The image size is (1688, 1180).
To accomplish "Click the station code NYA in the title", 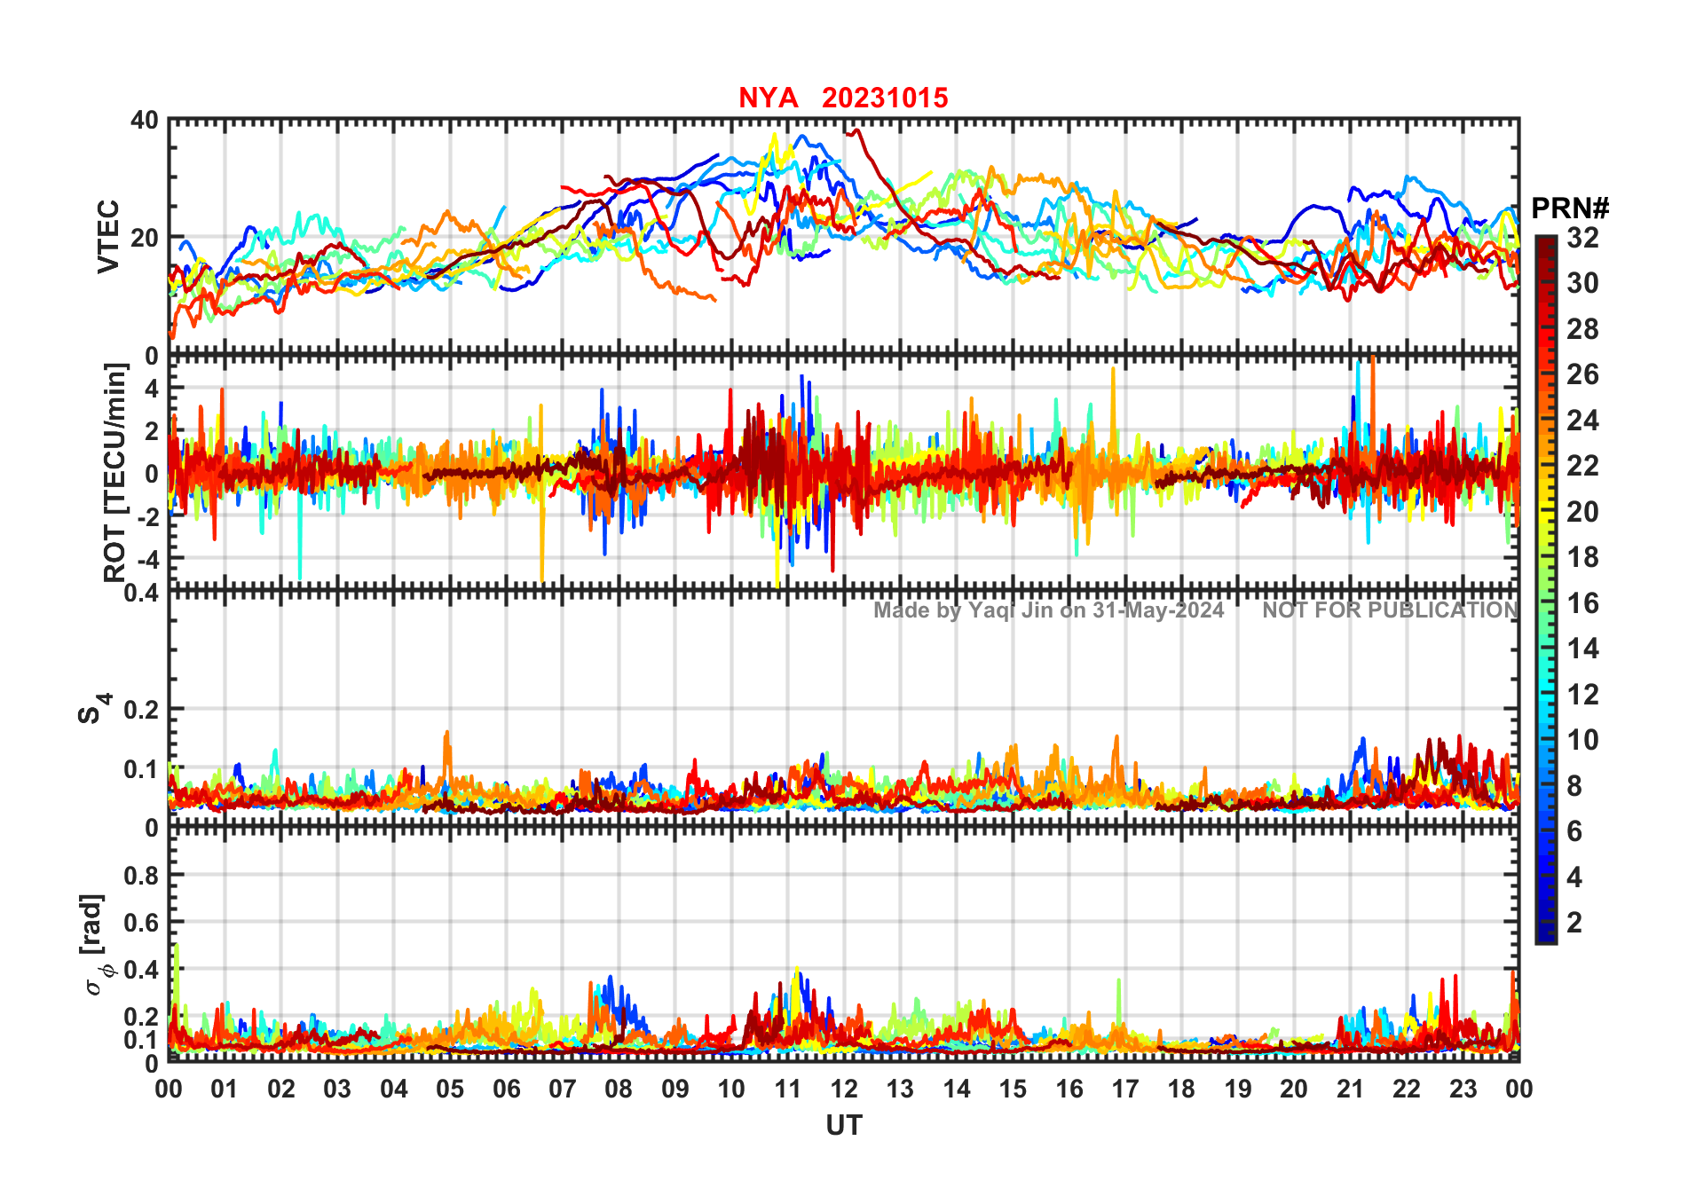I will tap(768, 98).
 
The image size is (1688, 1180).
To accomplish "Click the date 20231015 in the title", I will tap(885, 98).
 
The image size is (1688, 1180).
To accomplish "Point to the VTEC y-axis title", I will tap(108, 236).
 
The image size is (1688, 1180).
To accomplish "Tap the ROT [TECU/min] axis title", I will tap(114, 472).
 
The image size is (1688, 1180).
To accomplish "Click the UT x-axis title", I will tap(843, 1125).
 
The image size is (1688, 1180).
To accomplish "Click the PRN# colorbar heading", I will tap(1570, 208).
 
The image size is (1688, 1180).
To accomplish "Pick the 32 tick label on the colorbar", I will tap(1582, 238).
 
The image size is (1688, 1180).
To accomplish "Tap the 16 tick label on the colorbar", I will tap(1582, 603).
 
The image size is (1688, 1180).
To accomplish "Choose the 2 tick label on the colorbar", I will tap(1574, 923).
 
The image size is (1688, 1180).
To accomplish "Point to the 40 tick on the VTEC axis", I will tap(145, 121).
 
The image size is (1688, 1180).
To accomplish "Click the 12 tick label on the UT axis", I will tap(843, 1089).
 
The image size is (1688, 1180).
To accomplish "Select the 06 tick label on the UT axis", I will tap(506, 1089).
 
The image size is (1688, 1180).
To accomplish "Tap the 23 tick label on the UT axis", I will tap(1463, 1089).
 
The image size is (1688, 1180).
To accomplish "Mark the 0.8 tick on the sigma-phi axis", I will tap(141, 875).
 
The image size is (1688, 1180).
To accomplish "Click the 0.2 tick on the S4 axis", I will tap(141, 710).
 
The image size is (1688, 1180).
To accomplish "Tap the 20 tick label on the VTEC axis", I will tap(145, 238).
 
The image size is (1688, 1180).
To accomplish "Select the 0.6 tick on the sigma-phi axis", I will tap(141, 923).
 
